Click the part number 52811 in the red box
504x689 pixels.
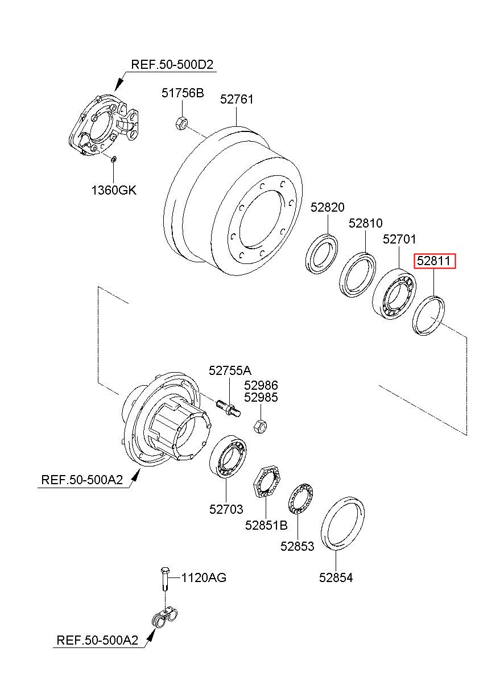pos(433,261)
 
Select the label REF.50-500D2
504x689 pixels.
pos(172,65)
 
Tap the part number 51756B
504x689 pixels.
pos(183,93)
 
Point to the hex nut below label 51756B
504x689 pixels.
pos(181,123)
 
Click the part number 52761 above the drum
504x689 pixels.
pos(237,100)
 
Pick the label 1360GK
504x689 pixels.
pos(114,191)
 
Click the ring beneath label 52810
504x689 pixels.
pos(358,275)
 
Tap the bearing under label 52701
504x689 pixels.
pos(394,294)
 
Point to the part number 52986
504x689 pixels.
pos(261,385)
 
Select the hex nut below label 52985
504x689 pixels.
pos(261,426)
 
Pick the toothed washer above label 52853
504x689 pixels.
pos(301,498)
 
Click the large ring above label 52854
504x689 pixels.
pos(342,523)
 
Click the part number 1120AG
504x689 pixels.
pos(204,577)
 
